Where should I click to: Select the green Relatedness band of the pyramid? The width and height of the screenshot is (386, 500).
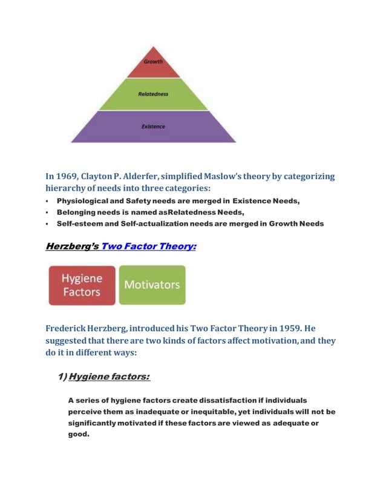153,94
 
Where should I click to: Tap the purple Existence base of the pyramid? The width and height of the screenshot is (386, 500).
153,127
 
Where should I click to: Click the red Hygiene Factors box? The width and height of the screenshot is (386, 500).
82,285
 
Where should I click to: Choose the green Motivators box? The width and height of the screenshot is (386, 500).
152,285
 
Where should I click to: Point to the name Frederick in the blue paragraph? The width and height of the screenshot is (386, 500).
65,329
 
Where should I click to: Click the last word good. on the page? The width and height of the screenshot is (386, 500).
78,434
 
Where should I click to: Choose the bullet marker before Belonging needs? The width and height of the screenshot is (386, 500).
47,212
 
